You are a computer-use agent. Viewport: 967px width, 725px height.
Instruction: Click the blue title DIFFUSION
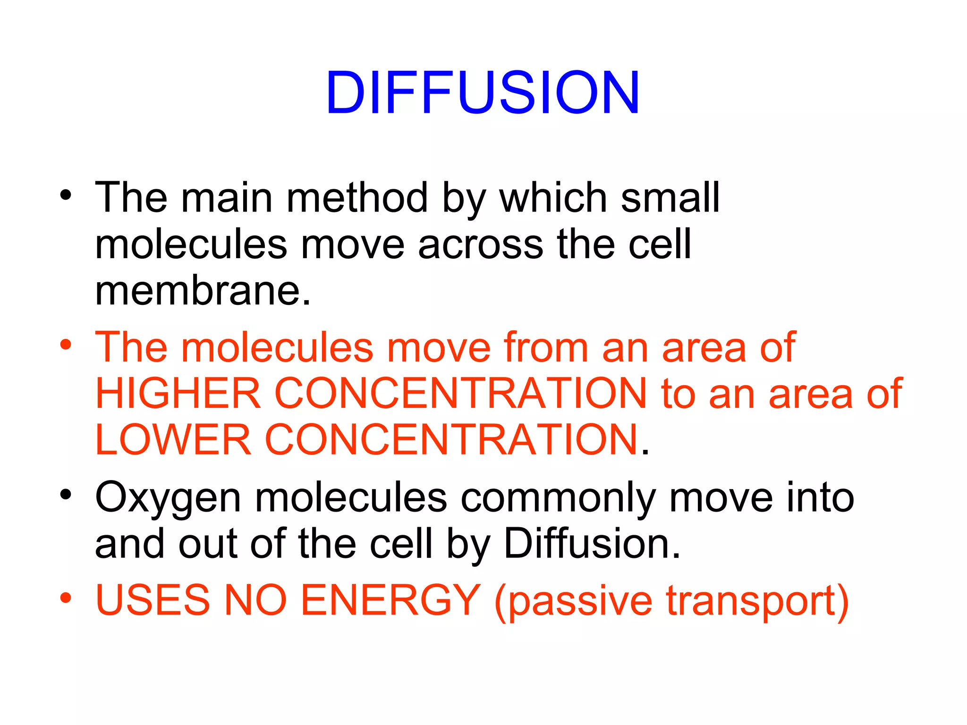pos(483,93)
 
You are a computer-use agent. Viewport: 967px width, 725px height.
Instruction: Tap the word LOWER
pos(173,439)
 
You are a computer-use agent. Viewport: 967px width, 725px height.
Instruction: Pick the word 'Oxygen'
pos(168,498)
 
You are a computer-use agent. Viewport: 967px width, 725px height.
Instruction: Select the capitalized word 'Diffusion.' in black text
pos(592,544)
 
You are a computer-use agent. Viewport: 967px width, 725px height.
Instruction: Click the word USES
pos(153,600)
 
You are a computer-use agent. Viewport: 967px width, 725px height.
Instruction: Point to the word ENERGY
pos(390,600)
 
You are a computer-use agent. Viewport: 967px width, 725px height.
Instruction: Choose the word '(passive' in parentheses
pos(573,601)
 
